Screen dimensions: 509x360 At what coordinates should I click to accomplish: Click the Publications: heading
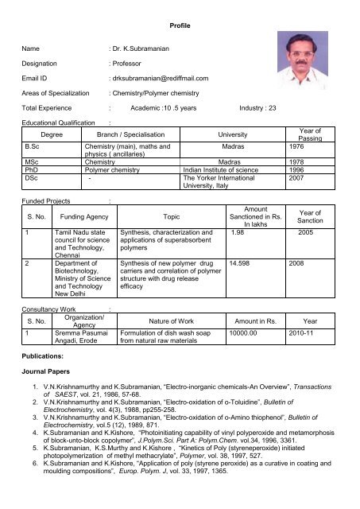click(47, 359)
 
